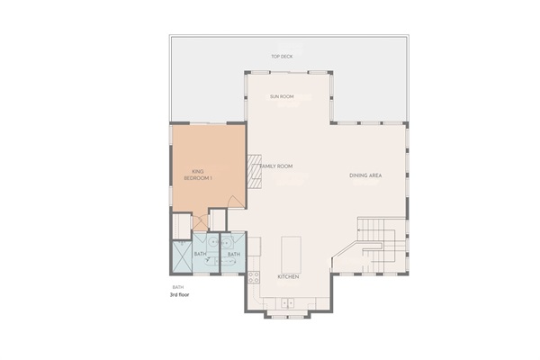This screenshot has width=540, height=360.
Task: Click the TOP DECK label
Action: (x=282, y=56)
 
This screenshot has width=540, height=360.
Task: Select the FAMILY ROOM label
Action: (x=277, y=166)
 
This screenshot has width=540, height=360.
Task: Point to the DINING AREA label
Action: (x=365, y=175)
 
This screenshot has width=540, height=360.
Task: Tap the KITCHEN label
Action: (x=287, y=276)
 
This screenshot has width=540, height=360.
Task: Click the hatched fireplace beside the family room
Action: (x=255, y=170)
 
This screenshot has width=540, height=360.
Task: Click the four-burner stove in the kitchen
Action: (x=254, y=276)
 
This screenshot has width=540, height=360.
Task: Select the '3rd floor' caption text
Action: (x=180, y=294)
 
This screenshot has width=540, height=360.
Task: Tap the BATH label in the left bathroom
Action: (x=200, y=255)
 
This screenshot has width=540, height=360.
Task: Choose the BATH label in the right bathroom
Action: (x=233, y=255)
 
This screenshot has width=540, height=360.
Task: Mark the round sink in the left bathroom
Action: (x=213, y=243)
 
